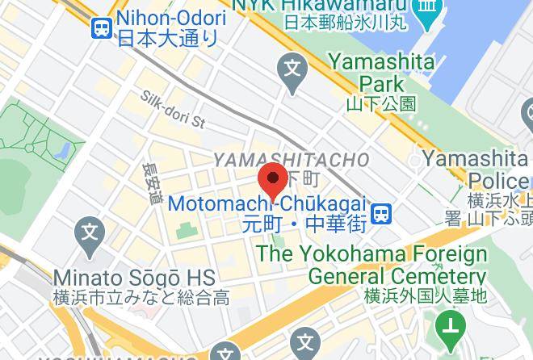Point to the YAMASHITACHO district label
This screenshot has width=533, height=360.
(291, 160)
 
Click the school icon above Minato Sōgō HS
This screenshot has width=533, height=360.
(90, 236)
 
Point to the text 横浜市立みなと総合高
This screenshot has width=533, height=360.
(141, 297)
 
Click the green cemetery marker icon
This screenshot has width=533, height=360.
(447, 327)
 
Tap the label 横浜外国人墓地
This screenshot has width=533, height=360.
(426, 296)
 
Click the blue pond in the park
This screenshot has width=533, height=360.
(62, 150)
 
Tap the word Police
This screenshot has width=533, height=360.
(498, 179)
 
